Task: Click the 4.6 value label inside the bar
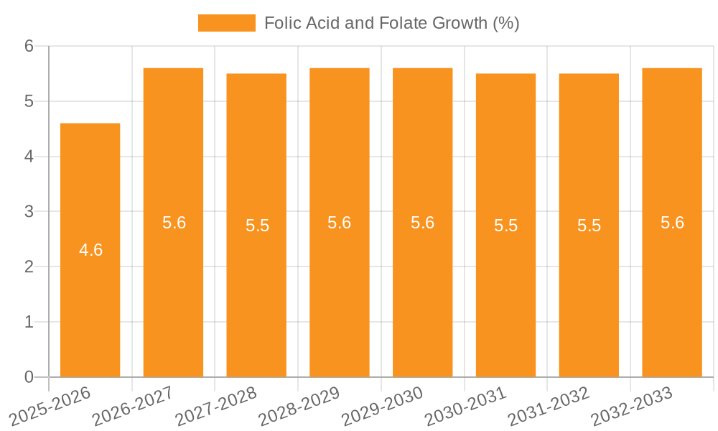tap(90, 250)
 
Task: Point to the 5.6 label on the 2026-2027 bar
tap(174, 223)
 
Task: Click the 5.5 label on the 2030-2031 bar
tap(505, 226)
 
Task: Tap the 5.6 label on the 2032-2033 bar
tap(672, 223)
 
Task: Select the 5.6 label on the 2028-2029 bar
tap(339, 223)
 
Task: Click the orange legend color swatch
tap(226, 23)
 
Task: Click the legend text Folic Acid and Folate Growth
tap(391, 23)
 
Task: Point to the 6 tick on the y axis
tap(29, 46)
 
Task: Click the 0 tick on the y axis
tap(29, 377)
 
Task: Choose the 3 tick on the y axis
tap(29, 211)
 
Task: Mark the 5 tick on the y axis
tap(29, 101)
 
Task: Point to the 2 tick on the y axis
tap(29, 267)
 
